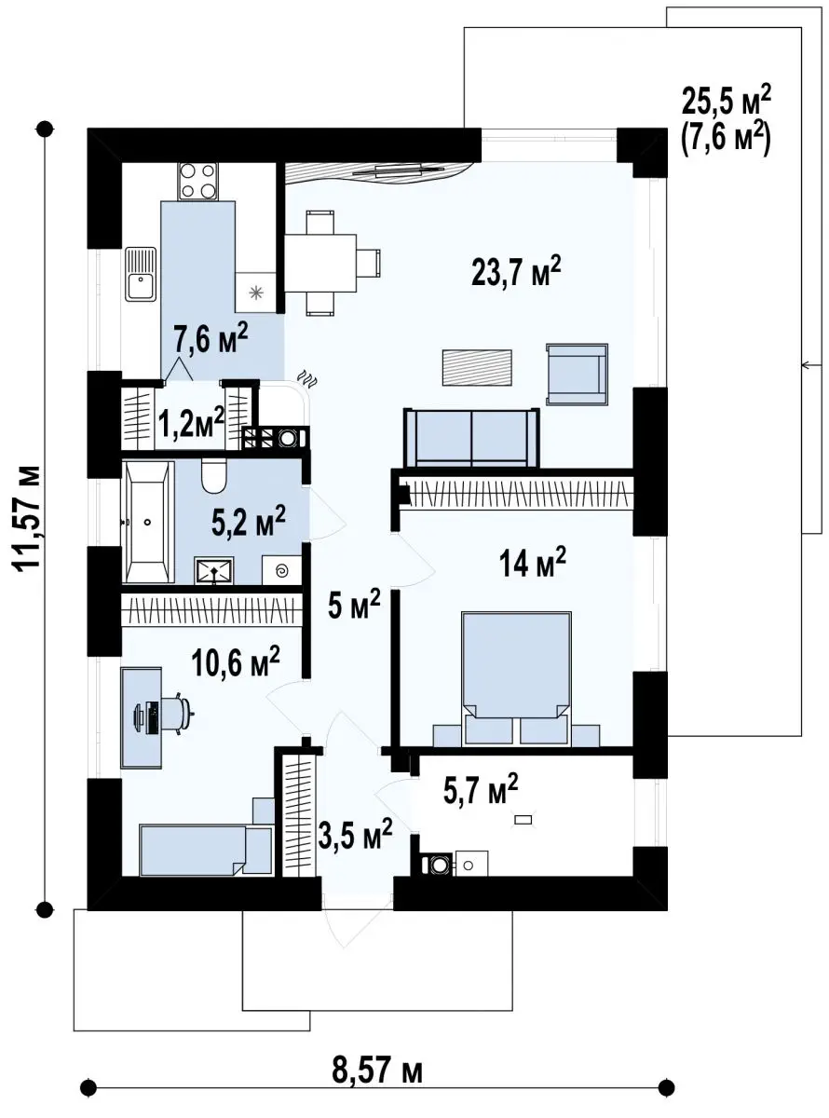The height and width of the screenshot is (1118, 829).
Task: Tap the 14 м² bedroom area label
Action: point(532,562)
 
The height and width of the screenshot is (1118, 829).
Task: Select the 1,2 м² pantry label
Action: point(191,423)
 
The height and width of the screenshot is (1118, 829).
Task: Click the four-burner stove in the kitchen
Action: point(197,181)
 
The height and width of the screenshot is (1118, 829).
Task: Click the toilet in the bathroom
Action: point(214,476)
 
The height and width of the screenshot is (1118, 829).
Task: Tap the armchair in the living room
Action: point(577,375)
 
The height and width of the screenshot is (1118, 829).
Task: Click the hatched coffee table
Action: point(477,367)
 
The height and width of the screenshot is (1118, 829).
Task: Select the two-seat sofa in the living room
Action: point(471,438)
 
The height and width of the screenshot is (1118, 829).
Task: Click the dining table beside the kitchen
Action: point(320,263)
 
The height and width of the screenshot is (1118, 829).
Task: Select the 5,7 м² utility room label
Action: point(481,790)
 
